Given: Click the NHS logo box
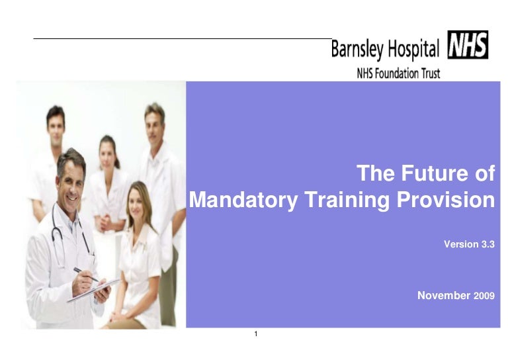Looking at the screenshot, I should tap(468, 45).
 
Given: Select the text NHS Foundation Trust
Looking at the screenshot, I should tap(398, 73).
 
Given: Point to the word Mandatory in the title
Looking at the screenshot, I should tap(243, 201).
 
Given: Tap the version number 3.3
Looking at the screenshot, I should tap(486, 244).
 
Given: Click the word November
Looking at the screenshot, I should tap(443, 295).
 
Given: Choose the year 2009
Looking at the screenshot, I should tap(484, 296).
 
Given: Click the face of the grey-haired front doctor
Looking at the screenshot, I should tap(71, 177).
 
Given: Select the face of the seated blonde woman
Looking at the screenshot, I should tap(139, 201).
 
